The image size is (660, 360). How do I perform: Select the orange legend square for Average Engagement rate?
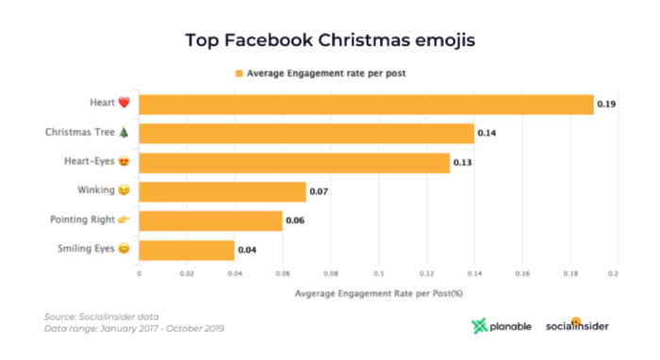point(239,73)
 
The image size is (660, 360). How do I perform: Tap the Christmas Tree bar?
point(306,134)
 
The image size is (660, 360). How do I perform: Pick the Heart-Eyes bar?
point(294,163)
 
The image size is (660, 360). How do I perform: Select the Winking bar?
point(223,192)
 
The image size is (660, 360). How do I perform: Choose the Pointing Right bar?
point(210,221)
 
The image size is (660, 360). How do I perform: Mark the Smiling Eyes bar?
point(187,250)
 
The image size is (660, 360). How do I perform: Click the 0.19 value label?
point(608,105)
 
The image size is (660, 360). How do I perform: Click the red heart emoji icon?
point(124,104)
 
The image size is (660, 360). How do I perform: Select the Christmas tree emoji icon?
point(124,133)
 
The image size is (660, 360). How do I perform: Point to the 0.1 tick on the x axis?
point(378,273)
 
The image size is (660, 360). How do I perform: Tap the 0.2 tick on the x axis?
point(612,273)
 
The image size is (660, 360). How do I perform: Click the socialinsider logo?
point(577,326)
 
